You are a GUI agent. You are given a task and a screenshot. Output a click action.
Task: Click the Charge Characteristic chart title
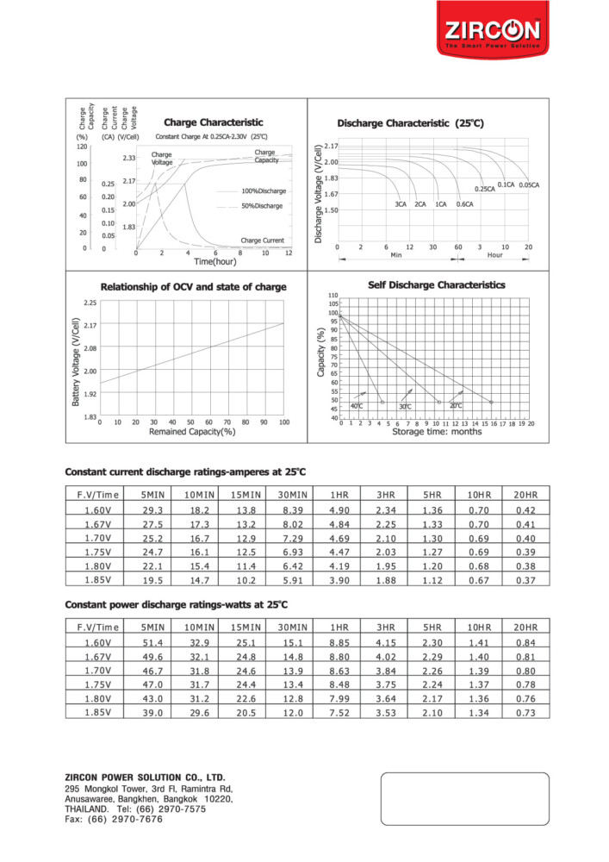click(213, 122)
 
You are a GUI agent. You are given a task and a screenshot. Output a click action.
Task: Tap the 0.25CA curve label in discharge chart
click(485, 189)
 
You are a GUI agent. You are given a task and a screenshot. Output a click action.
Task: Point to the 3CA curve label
click(401, 204)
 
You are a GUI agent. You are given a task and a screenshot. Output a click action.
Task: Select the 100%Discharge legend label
click(263, 191)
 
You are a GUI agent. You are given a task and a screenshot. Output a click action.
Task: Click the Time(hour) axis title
click(214, 261)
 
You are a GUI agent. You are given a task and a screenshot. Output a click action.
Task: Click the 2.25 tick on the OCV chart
click(90, 303)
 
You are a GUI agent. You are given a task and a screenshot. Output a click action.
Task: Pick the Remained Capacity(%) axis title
click(192, 431)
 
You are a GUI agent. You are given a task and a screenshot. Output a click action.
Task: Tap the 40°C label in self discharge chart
click(357, 405)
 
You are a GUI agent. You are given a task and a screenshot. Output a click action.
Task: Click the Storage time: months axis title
click(437, 432)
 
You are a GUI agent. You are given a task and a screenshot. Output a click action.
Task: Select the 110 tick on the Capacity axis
click(332, 296)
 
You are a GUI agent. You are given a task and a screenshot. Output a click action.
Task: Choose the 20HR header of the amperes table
click(525, 494)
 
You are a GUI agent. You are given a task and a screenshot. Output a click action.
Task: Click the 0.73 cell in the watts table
click(525, 713)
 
